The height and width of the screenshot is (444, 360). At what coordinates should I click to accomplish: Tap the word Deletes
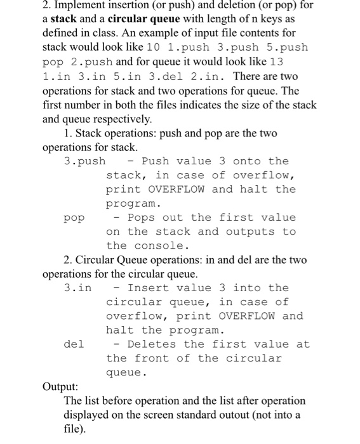click(x=152, y=344)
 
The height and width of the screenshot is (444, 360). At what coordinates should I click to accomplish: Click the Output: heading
click(x=60, y=387)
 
